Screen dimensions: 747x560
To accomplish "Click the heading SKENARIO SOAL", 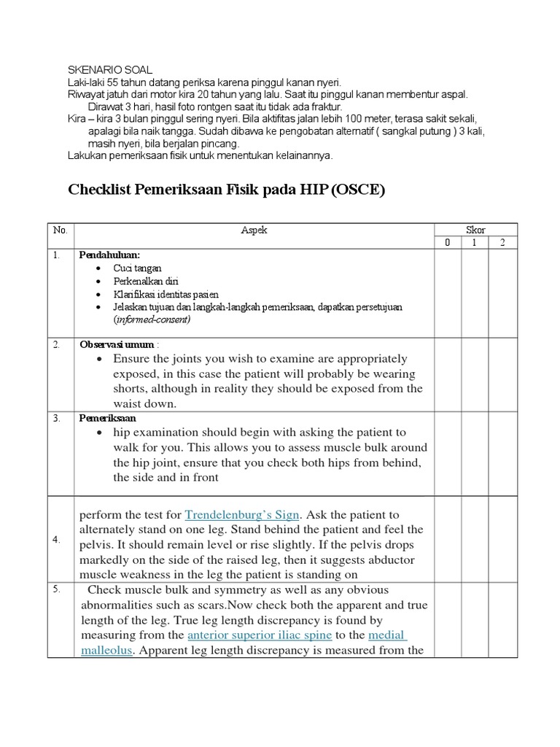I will pos(109,70).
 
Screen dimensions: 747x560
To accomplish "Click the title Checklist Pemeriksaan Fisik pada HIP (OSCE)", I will pos(225,190).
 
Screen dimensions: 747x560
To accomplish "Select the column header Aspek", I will pos(254,230).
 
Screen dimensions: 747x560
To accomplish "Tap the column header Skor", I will pos(475,230).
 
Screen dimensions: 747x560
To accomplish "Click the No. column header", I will pos(60,230).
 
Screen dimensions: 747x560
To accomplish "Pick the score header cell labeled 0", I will pos(448,243).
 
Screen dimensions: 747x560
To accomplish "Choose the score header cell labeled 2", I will pos(502,243).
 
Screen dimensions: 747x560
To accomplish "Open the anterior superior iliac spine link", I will pos(260,635).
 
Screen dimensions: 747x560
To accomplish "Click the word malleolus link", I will pos(106,650).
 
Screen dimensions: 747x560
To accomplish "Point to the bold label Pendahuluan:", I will pos(109,255).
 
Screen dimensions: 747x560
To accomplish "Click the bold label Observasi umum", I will pos(117,344).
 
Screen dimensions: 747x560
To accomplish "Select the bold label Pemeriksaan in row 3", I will pos(107,419).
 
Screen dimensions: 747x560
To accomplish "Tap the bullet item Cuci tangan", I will pos(138,268).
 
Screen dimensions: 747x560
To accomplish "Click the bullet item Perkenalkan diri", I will pos(146,281).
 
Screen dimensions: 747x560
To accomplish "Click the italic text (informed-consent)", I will pos(152,320).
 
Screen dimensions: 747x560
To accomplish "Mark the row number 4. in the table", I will pos(56,540).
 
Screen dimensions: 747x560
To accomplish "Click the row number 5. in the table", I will pos(56,589).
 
